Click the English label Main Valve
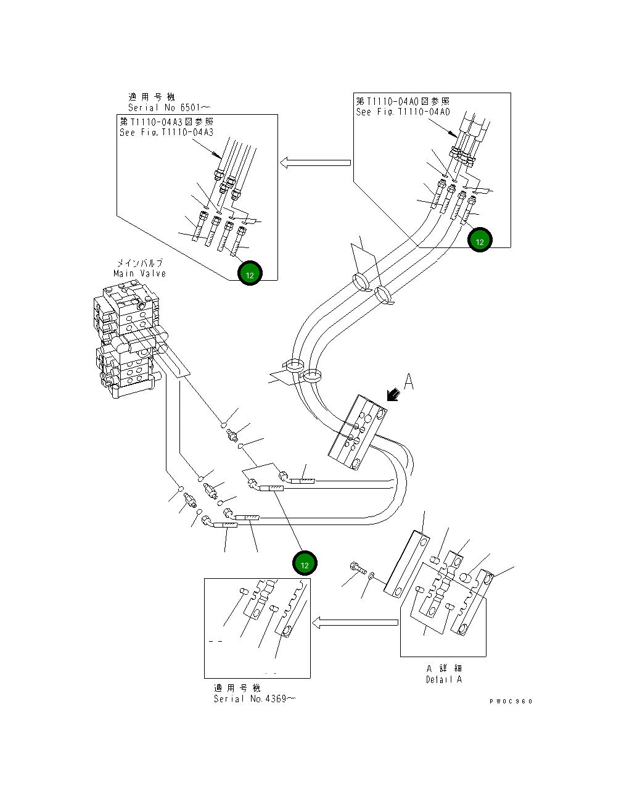tap(139, 273)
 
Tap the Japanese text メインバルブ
tap(140, 263)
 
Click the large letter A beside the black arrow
tap(408, 383)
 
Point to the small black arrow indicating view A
tap(391, 395)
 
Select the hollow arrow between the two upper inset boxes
tap(315, 163)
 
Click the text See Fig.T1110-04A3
tap(166, 133)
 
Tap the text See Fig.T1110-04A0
tap(403, 112)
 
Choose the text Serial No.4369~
tap(254, 699)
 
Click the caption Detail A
tap(443, 679)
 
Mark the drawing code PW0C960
tap(511, 701)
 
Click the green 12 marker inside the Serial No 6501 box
tap(250, 275)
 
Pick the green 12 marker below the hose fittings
tap(304, 564)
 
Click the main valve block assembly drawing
tap(128, 339)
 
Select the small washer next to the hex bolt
tap(370, 576)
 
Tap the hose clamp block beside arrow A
tap(358, 433)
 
